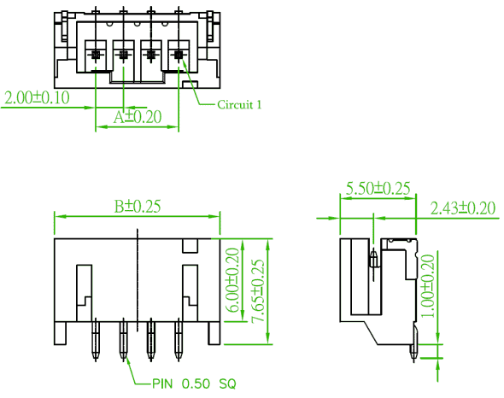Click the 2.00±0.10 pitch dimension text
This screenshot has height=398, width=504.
[x=38, y=97]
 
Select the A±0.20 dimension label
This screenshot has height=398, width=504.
[x=138, y=117]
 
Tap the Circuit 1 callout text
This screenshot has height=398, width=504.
[x=239, y=104]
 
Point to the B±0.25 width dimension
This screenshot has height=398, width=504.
[x=138, y=207]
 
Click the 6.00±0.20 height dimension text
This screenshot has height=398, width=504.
[x=234, y=280]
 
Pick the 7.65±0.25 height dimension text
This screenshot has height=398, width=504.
[x=258, y=291]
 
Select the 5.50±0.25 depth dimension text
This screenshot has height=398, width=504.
[x=378, y=188]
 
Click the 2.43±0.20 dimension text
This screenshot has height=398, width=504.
[x=463, y=208]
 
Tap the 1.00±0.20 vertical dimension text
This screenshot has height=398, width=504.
[x=428, y=286]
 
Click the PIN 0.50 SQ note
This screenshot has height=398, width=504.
[x=194, y=383]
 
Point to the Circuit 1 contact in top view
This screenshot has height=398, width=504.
[x=179, y=55]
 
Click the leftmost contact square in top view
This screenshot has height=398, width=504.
[x=96, y=55]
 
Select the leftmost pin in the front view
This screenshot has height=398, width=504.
[x=96, y=340]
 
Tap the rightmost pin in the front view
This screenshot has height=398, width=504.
[x=179, y=340]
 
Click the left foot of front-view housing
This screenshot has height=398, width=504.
[x=61, y=333]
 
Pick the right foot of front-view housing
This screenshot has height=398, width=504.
[x=214, y=333]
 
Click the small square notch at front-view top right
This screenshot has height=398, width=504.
[x=190, y=246]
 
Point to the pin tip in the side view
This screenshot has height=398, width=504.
[x=413, y=361]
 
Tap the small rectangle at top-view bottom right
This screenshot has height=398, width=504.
[x=190, y=85]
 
